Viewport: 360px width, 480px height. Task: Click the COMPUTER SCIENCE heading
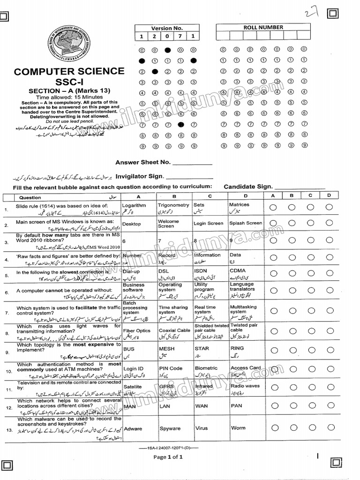point(69,72)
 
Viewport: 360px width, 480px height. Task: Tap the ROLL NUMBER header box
point(263,28)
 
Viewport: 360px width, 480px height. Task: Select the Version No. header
point(167,28)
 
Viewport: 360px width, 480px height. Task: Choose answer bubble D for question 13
point(330,428)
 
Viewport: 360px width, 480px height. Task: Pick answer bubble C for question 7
point(311,310)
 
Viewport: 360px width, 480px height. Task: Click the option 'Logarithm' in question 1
point(134,205)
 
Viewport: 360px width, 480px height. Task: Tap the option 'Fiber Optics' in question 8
point(136,330)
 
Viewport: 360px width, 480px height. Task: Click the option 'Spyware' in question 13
point(169,428)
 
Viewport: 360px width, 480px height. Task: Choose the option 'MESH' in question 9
point(167,349)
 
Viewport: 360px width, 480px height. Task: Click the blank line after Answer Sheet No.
point(192,163)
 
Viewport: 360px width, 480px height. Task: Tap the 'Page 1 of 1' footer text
point(167,457)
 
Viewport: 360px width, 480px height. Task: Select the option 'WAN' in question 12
point(201,406)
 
